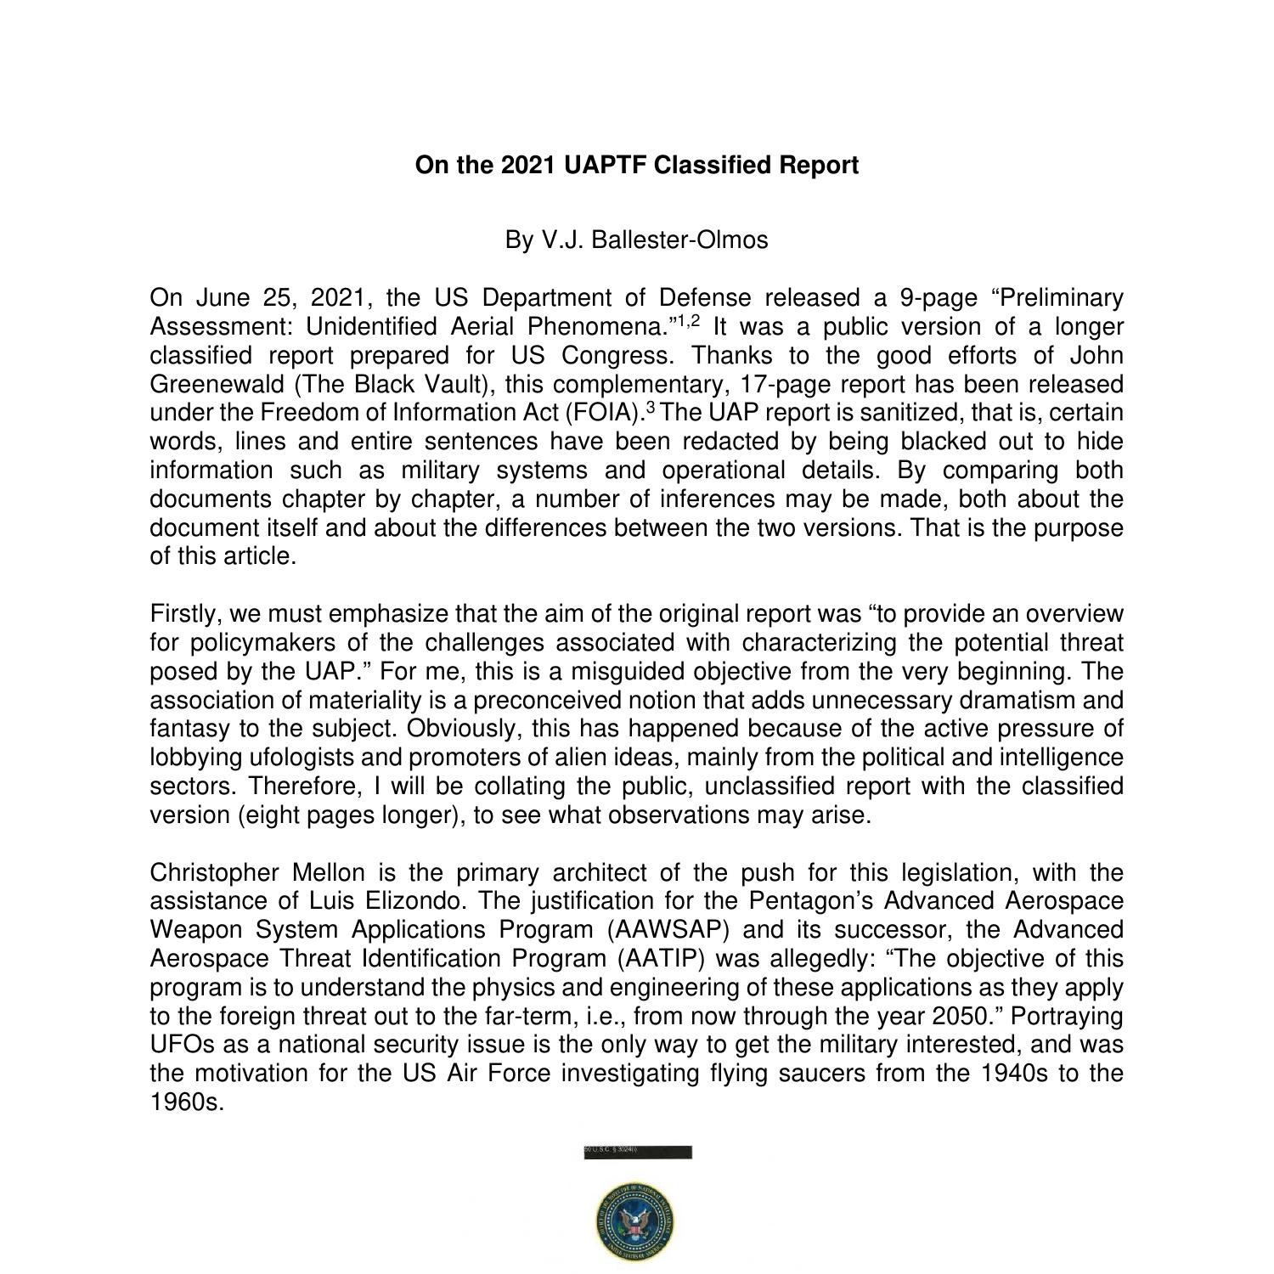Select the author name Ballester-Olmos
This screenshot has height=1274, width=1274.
pos(679,240)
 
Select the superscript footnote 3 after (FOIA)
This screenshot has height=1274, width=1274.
pos(651,408)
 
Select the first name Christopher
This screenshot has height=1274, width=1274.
pos(214,873)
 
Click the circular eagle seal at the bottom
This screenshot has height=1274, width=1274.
pos(636,1221)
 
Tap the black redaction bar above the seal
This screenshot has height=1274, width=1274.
pos(638,1153)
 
